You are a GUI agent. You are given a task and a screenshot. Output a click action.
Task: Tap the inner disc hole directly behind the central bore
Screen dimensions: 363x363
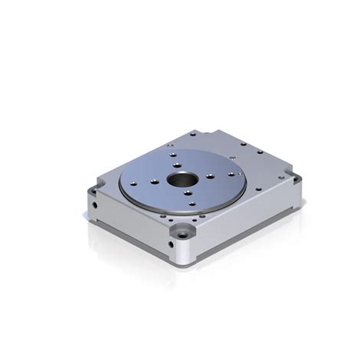point(177,163)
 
